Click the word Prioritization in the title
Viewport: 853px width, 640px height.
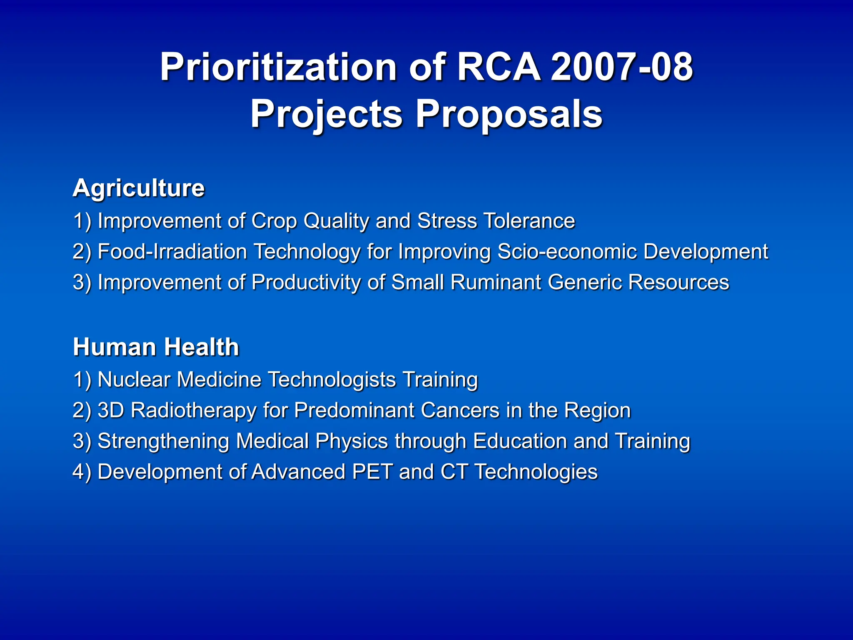(x=278, y=67)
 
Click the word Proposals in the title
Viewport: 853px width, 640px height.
(x=509, y=114)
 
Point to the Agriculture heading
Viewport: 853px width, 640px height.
(x=139, y=188)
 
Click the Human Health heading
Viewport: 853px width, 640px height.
(x=156, y=347)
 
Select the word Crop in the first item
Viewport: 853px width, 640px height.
(x=274, y=221)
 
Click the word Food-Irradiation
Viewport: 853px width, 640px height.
(x=172, y=251)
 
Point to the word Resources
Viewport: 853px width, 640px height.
(x=678, y=282)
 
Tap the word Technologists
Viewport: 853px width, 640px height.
(x=332, y=380)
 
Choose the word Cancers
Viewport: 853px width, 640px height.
(x=460, y=410)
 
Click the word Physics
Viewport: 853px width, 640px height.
(x=352, y=441)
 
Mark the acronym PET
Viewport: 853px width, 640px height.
(x=372, y=472)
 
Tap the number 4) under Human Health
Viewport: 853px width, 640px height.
(x=82, y=472)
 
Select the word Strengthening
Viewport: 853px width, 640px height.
(x=163, y=441)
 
